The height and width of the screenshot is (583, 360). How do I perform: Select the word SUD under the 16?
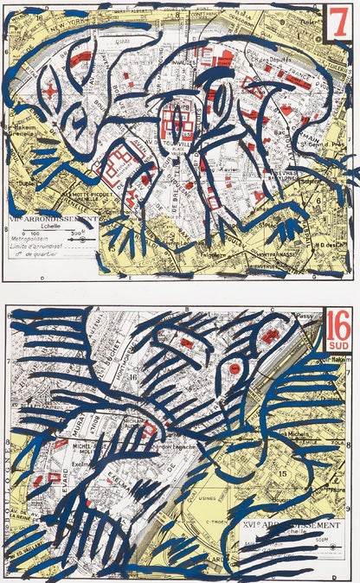(x=337, y=346)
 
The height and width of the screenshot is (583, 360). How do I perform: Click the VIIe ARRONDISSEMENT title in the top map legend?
(x=51, y=220)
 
